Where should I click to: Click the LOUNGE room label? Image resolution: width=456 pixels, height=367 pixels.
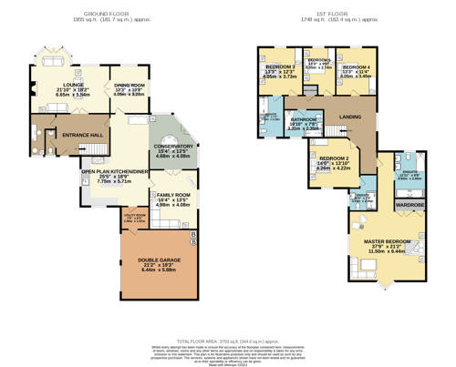tap(73, 84)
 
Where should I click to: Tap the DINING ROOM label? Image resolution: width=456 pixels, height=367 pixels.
tap(129, 84)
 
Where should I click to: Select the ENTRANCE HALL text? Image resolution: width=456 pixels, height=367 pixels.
tap(82, 135)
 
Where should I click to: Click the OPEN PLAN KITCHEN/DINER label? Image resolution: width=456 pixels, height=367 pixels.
tap(114, 171)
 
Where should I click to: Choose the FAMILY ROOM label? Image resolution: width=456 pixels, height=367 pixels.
tap(173, 196)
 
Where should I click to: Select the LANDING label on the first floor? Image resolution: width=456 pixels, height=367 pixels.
tap(349, 116)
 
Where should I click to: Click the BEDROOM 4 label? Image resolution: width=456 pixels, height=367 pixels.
tap(358, 67)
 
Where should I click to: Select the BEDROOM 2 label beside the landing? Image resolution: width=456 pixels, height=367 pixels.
tap(333, 158)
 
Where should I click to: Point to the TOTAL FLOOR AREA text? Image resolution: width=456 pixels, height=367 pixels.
tap(228, 338)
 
